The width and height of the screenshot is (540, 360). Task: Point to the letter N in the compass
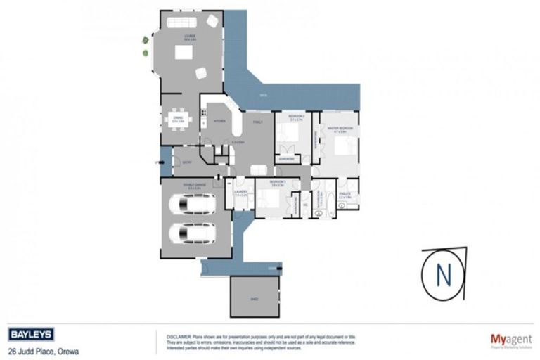(x=443, y=274)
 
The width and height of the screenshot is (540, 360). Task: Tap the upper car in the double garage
(x=192, y=205)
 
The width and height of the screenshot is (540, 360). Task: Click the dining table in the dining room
(x=179, y=121)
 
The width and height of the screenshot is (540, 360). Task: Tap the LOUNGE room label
(x=190, y=35)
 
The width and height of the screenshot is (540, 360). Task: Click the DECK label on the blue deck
(x=262, y=95)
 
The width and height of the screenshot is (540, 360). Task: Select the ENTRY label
(x=186, y=163)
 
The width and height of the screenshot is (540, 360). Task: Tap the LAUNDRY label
(x=239, y=191)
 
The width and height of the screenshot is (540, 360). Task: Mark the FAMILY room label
(x=257, y=122)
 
